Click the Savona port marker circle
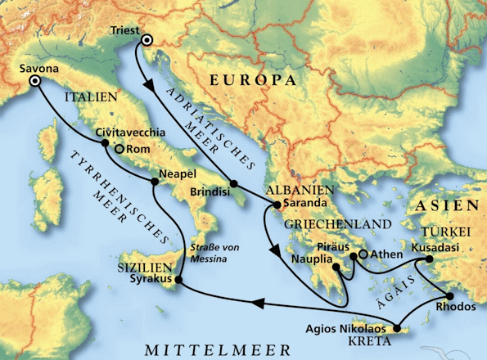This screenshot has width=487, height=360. [35, 82]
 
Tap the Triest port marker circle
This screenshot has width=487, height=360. [147, 41]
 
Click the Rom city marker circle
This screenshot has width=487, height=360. [119, 150]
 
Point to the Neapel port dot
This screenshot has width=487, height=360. [152, 181]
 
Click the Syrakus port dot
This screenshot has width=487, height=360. [178, 282]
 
